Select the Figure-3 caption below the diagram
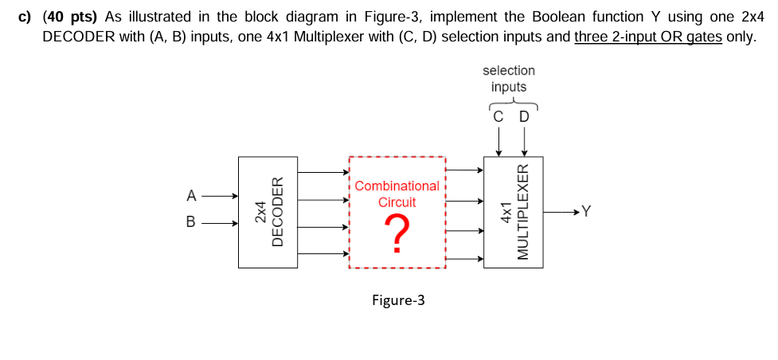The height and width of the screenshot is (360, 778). [398, 300]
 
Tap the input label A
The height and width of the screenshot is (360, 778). [191, 195]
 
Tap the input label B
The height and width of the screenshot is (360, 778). [191, 223]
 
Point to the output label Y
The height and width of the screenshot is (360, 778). [587, 211]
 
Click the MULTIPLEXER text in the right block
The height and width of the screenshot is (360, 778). [523, 212]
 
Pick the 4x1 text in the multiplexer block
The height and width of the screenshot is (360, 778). [505, 212]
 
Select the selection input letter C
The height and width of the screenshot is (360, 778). [498, 117]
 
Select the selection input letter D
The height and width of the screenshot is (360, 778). [523, 117]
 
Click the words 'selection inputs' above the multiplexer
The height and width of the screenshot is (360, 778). [509, 78]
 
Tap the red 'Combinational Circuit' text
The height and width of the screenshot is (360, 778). [397, 194]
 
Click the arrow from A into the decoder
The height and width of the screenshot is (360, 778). [219, 195]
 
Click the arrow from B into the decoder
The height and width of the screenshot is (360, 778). [219, 223]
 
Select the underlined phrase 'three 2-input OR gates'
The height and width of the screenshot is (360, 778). [648, 37]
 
